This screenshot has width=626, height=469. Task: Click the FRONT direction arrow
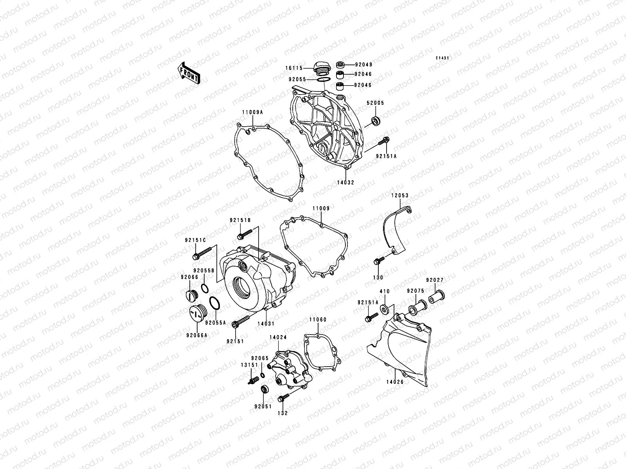tap(189, 73)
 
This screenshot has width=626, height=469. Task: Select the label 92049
tap(363, 64)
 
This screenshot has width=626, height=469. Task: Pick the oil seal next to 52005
tap(376, 120)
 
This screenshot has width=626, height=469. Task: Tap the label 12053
tap(399, 195)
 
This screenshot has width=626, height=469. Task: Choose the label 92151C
tap(193, 241)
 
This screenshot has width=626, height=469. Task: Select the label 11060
tap(318, 320)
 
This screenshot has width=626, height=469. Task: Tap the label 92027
tap(435, 280)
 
